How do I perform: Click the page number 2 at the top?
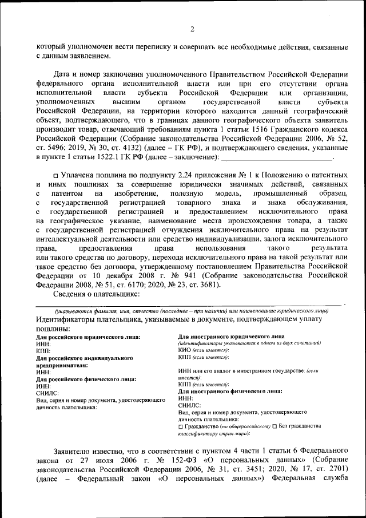(x=192, y=29)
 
